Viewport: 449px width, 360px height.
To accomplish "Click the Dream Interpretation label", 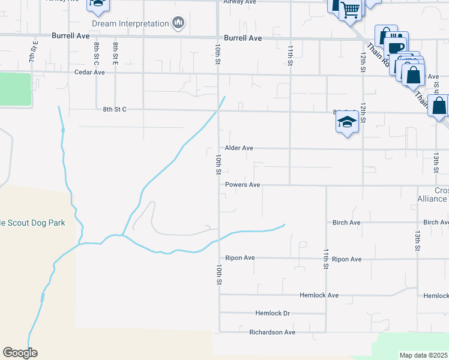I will click(130, 24).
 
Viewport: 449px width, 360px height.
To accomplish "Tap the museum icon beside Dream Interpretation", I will click(178, 23).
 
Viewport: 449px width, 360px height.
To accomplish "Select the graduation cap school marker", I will click(347, 122).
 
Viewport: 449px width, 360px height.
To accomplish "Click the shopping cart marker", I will click(350, 9).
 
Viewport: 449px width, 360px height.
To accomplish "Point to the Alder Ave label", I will click(239, 148).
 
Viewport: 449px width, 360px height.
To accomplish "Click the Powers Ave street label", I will click(243, 185).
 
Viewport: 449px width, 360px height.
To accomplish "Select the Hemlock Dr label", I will click(273, 313).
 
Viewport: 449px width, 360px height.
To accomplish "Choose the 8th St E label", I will click(115, 53).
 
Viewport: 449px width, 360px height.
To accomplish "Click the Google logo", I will click(20, 353).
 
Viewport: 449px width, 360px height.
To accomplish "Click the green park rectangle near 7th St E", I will click(14, 89).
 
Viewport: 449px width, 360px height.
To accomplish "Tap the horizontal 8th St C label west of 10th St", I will click(115, 109).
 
